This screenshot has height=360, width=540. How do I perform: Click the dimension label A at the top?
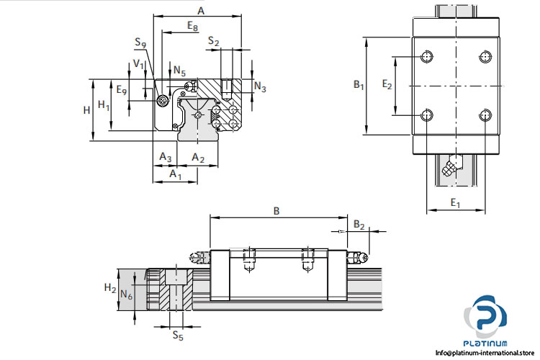(201, 11)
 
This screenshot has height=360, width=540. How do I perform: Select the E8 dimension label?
(193, 26)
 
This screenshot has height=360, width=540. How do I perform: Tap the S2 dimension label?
(214, 42)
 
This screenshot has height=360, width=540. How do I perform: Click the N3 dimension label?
(261, 88)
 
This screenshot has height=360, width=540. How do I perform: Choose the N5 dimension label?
(179, 71)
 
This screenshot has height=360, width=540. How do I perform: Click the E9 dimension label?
(122, 91)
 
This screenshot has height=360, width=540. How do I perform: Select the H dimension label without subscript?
(86, 109)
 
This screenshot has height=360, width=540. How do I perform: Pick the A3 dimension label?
(165, 157)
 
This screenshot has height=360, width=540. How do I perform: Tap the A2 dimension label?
(198, 157)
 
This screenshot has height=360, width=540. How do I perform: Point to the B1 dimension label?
(359, 85)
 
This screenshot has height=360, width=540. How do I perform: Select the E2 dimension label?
(387, 85)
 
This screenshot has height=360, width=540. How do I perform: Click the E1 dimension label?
(455, 204)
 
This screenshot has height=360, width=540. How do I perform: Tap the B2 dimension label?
(359, 225)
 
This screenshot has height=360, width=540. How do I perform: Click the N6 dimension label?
(126, 294)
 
